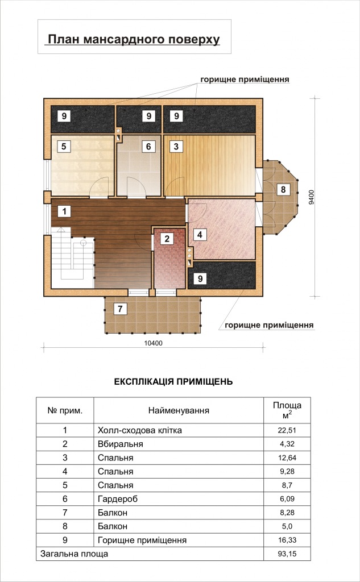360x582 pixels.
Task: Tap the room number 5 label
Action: coord(64,146)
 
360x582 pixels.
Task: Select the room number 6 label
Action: coord(148,146)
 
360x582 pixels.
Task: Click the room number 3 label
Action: coord(176,146)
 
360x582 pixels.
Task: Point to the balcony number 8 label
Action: coord(283,190)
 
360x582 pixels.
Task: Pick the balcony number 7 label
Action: coord(120,309)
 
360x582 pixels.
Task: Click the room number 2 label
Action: coord(167,239)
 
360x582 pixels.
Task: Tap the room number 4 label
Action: coord(200,235)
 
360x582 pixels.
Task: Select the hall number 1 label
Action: coord(64,212)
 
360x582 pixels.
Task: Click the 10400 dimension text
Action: coord(154,343)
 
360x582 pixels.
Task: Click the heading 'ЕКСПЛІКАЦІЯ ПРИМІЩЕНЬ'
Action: coord(173,382)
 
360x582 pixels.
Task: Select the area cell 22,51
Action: coord(287,431)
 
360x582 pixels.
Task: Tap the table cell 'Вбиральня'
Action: coord(121,444)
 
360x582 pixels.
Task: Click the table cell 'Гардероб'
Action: coord(118,499)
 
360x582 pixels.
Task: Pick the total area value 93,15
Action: coord(287,554)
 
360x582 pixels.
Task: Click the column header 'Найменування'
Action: coord(179,410)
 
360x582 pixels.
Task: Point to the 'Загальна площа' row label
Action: coord(75,554)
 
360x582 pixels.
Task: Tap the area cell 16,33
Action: coord(287,541)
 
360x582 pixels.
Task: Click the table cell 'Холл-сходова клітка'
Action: coord(140,431)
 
